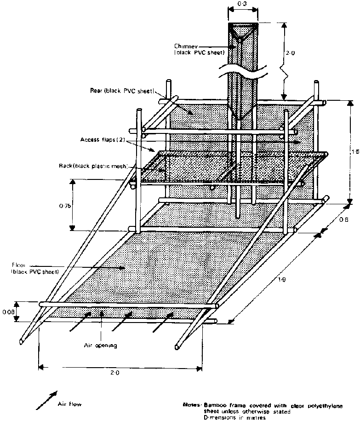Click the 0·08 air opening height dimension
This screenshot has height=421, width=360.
click(7, 312)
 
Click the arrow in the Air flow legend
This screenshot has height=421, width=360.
click(48, 399)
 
